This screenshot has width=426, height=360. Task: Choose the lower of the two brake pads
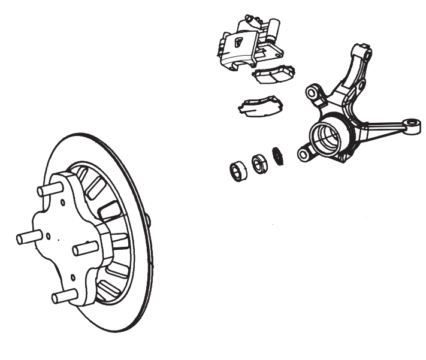pos(261,105)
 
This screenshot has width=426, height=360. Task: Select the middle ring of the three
pos(259,164)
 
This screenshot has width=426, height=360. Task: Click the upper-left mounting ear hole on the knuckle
pos(313,93)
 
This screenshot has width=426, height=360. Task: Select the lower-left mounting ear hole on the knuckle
pos(304,155)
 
